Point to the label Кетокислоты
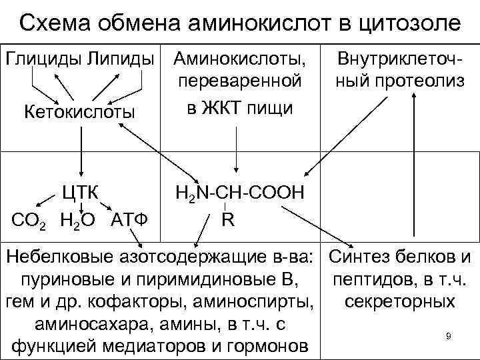pos(79,110)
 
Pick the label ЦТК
pos(79,193)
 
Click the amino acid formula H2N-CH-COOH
pos(239,193)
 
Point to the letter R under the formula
pos(227,219)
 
